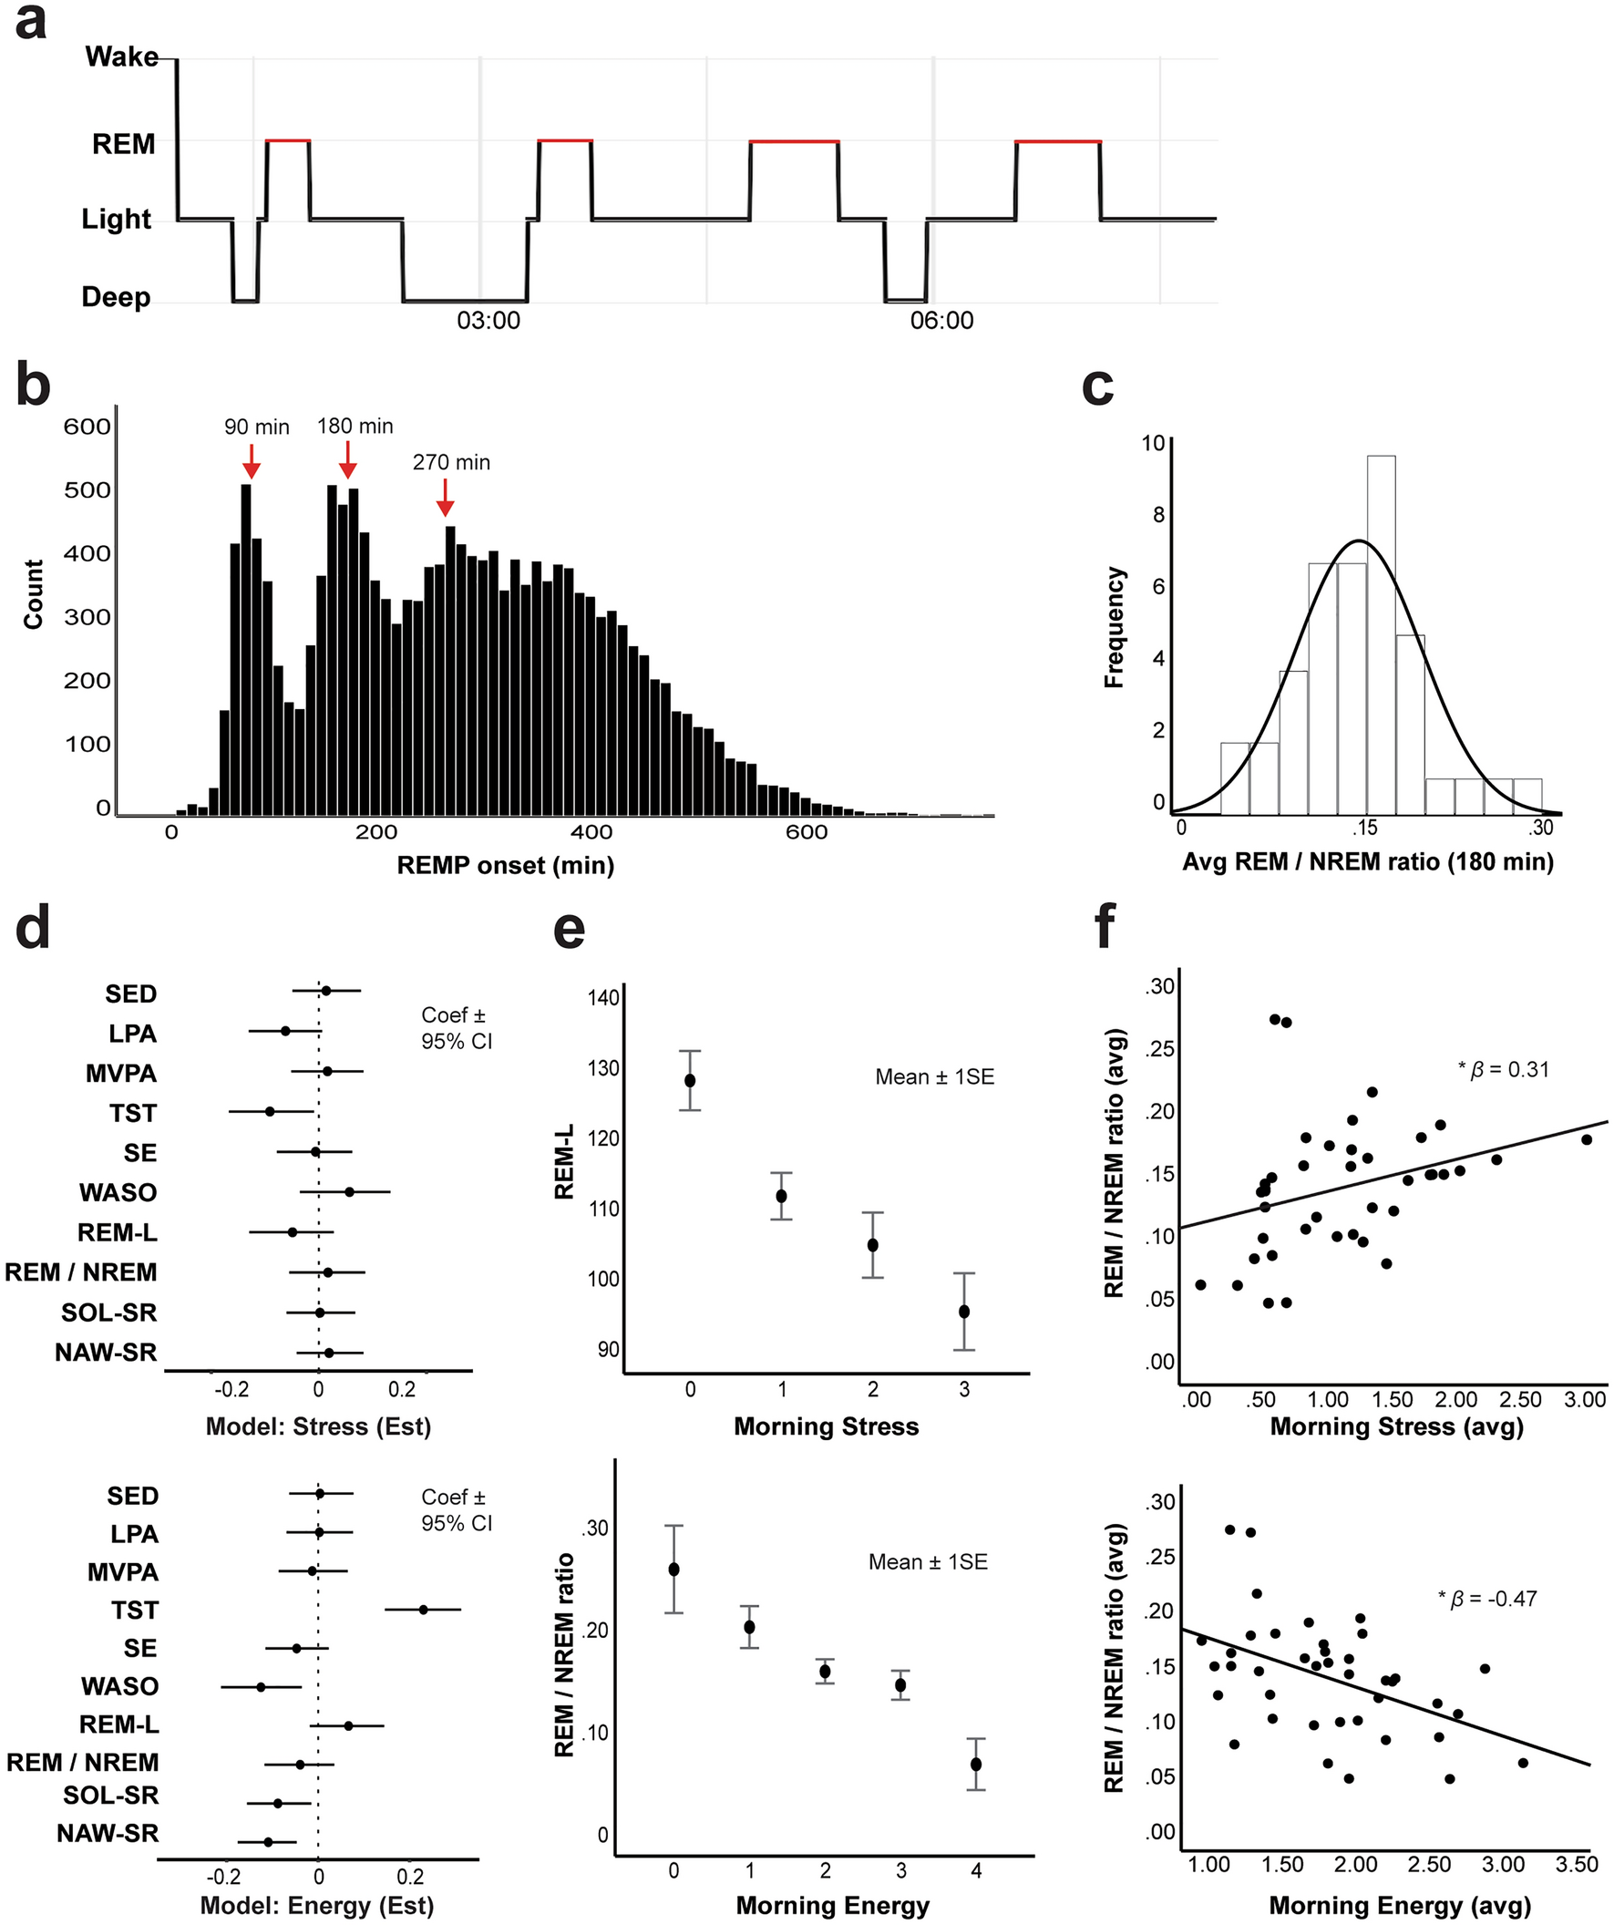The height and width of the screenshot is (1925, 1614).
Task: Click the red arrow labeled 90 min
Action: [251, 461]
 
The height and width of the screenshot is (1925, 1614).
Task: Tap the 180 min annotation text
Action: [355, 427]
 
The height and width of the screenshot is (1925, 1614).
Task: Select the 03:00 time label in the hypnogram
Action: [488, 321]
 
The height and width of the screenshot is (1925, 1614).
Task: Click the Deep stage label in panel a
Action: [116, 297]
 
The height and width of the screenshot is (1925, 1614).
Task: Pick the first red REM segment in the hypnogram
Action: [288, 141]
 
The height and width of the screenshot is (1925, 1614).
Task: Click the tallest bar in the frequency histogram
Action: [1381, 633]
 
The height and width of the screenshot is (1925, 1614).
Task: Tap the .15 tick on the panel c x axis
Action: [1363, 829]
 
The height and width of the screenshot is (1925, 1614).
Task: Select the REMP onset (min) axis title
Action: [505, 865]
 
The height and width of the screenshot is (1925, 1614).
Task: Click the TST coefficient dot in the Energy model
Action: [423, 1610]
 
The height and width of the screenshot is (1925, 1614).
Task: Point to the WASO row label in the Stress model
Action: [118, 1192]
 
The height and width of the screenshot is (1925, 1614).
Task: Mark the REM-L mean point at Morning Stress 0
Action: [690, 1081]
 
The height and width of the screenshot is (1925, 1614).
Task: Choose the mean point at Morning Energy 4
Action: [976, 1765]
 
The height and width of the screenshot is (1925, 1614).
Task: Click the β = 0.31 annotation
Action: [1503, 1070]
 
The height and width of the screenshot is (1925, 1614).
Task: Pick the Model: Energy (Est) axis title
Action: [317, 1906]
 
